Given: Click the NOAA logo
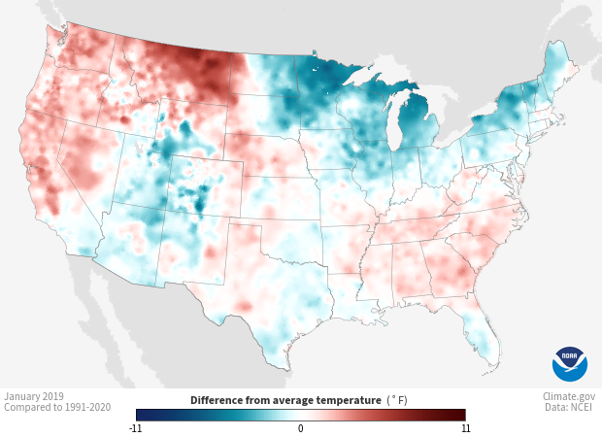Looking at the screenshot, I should (x=569, y=363).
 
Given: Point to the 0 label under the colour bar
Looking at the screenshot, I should (x=301, y=427).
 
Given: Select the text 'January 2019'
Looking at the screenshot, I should (x=34, y=396).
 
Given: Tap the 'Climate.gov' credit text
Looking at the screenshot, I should (x=568, y=396).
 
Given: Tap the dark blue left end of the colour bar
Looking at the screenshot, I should (x=142, y=414).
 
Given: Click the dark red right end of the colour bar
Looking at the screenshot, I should (x=460, y=414).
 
